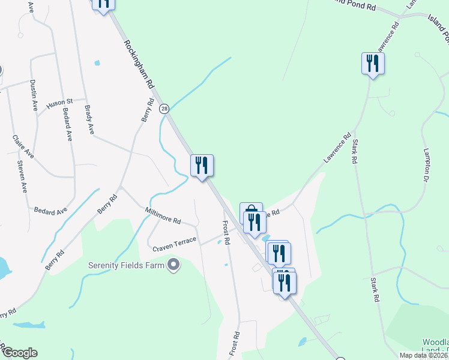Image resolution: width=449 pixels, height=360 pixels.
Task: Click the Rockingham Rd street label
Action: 139,67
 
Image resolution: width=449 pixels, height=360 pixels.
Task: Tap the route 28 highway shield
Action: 164,109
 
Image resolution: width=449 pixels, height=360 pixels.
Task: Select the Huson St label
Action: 59,103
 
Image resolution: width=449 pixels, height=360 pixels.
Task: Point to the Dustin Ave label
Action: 34,96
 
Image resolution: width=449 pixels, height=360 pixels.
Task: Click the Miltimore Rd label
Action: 163,215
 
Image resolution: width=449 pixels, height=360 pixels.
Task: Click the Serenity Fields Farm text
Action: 127,265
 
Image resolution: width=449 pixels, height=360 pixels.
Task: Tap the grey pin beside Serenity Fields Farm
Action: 174,265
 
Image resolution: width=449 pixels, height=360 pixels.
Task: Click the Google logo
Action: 19,353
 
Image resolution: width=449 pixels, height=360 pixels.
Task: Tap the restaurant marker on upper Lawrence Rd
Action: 373,63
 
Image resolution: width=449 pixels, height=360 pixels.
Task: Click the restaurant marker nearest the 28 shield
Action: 202,165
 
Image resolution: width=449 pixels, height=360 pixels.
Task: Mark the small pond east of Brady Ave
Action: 97,62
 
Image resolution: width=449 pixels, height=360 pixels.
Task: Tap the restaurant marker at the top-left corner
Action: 103,3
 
